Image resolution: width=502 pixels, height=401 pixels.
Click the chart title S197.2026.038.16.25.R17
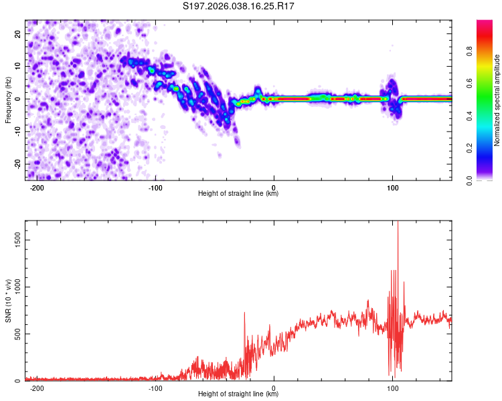(x=239, y=6)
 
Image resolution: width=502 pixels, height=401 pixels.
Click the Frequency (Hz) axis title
(x=8, y=100)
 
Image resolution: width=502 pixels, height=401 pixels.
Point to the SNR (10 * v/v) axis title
(x=8, y=300)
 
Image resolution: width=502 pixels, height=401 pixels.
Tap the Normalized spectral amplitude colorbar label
(x=497, y=100)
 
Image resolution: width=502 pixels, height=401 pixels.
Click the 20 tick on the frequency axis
(x=17, y=33)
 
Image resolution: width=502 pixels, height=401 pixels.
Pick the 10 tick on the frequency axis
(x=17, y=65)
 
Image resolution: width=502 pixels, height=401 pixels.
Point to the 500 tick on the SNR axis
(x=15, y=333)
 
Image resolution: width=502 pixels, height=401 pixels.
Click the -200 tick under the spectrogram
(x=37, y=188)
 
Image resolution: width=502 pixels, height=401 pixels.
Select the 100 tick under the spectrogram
(x=393, y=188)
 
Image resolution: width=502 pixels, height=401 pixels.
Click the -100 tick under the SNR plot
(x=156, y=388)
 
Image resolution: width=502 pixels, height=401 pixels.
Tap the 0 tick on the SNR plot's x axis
(x=274, y=388)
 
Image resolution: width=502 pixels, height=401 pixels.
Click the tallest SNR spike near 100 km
(x=398, y=224)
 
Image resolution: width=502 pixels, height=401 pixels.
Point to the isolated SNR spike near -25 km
(x=244, y=313)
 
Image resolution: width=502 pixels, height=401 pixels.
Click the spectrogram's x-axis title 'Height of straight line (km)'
(x=238, y=194)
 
